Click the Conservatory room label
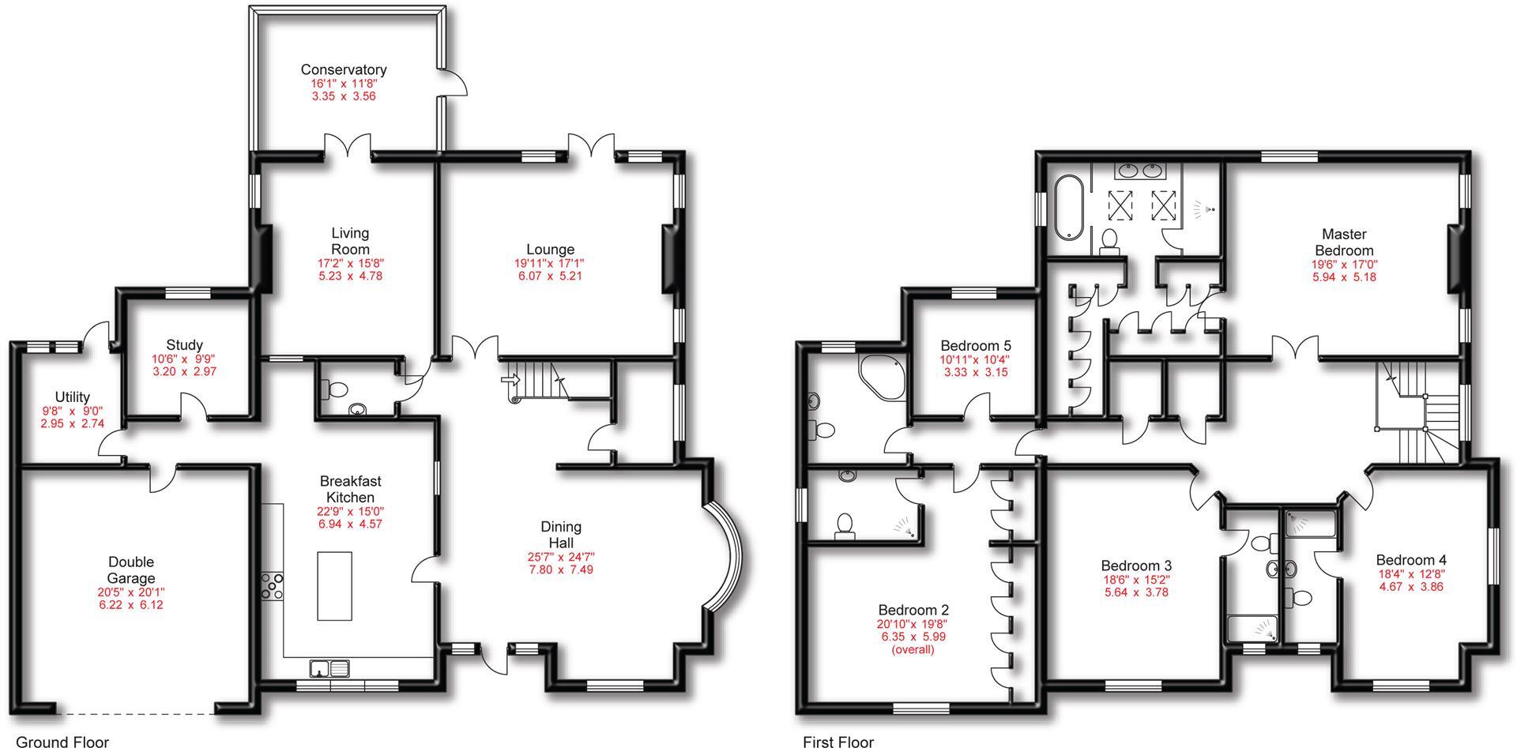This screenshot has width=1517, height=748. (x=343, y=70)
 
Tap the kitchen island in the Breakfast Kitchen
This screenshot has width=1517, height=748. (x=334, y=585)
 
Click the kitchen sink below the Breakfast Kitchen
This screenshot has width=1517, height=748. (x=329, y=668)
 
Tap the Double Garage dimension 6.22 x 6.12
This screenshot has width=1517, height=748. (x=130, y=605)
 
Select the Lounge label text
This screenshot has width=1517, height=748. (x=550, y=250)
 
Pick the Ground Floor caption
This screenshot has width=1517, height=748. (x=62, y=741)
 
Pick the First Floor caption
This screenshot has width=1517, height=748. (x=838, y=741)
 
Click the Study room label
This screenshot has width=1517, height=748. (x=184, y=345)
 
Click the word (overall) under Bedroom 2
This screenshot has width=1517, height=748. (x=913, y=649)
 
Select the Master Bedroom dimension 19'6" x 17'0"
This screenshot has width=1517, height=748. (x=1344, y=265)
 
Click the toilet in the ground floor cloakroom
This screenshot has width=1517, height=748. (x=336, y=389)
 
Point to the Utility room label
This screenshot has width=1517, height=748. (x=72, y=397)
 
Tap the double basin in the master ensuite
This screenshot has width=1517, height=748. (x=1141, y=169)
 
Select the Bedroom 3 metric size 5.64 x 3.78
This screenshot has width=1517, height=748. (x=1135, y=592)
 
